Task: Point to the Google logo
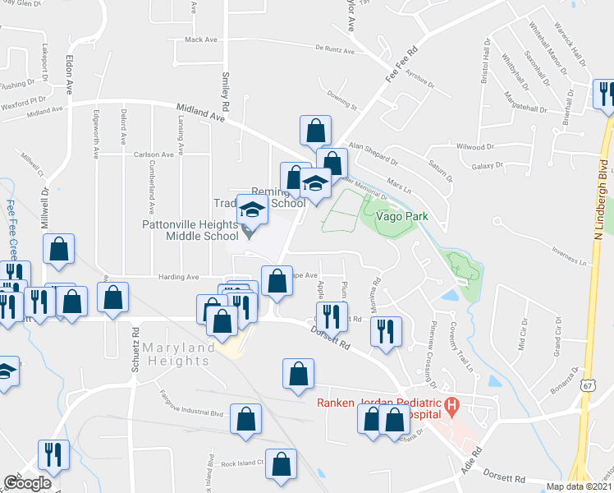point(27,482)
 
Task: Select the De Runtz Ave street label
point(334,51)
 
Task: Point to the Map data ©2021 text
point(577,486)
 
